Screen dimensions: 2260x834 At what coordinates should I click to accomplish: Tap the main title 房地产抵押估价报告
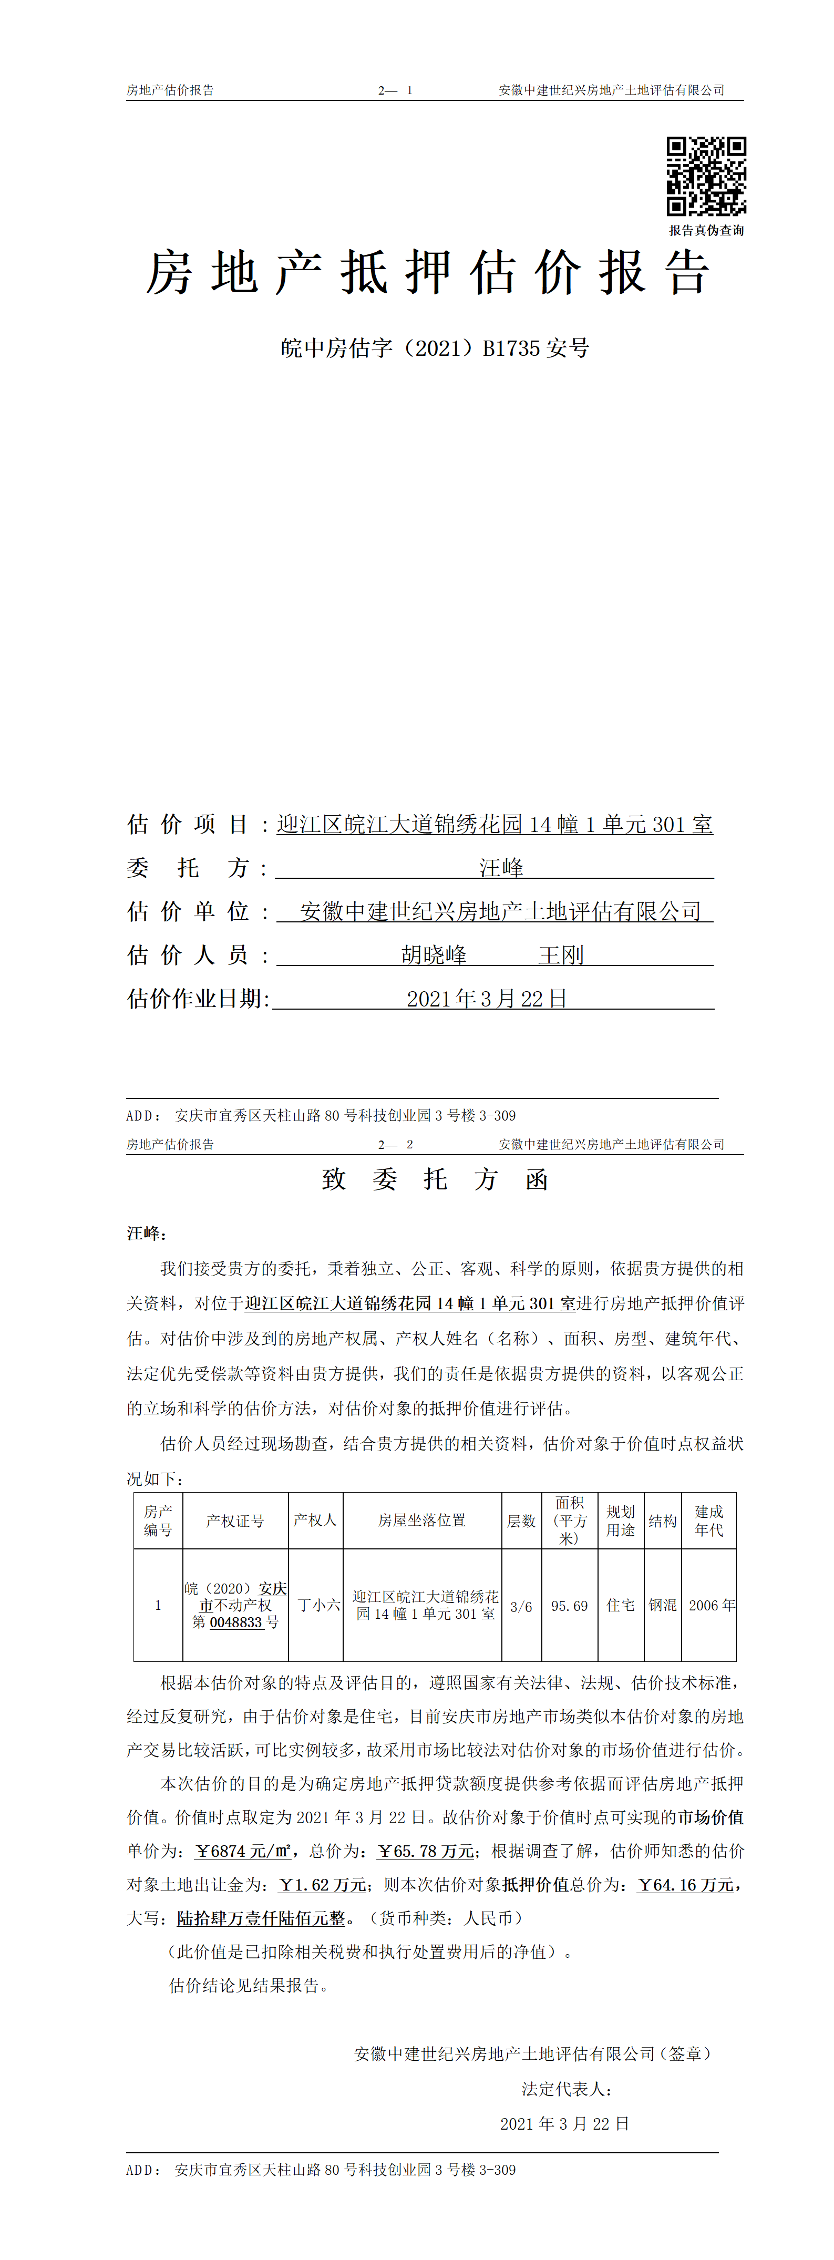pyautogui.click(x=427, y=273)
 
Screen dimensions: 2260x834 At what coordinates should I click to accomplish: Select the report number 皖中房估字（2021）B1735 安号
pyautogui.click(x=435, y=348)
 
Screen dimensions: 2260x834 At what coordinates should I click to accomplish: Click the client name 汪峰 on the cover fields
pyautogui.click(x=501, y=868)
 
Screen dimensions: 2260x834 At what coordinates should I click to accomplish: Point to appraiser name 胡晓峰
pyautogui.click(x=434, y=954)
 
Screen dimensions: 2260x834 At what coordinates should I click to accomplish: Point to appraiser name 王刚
pyautogui.click(x=561, y=954)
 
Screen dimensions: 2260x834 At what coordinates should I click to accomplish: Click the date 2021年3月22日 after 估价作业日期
pyautogui.click(x=487, y=999)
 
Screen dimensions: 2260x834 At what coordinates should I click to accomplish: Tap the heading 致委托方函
pyautogui.click(x=435, y=1179)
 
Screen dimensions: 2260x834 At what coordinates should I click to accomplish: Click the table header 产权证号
pyautogui.click(x=235, y=1521)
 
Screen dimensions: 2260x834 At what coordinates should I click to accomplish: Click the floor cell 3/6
pyautogui.click(x=521, y=1606)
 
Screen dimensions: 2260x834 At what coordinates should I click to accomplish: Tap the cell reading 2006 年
pyautogui.click(x=711, y=1606)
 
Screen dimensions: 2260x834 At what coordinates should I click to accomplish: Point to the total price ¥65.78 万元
pyautogui.click(x=425, y=1851)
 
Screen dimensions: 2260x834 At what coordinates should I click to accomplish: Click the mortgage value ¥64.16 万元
pyautogui.click(x=686, y=1885)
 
